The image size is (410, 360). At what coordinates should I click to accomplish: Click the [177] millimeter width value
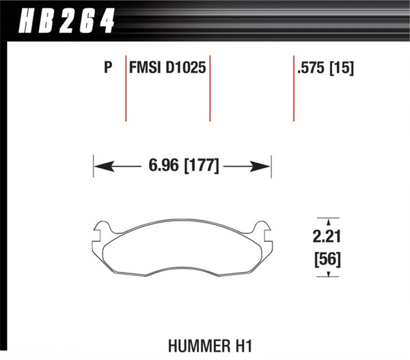coord(200,166)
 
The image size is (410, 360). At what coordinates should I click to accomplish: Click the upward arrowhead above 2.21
coord(328,221)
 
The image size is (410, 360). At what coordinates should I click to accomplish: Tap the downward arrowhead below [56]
coord(328,275)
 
